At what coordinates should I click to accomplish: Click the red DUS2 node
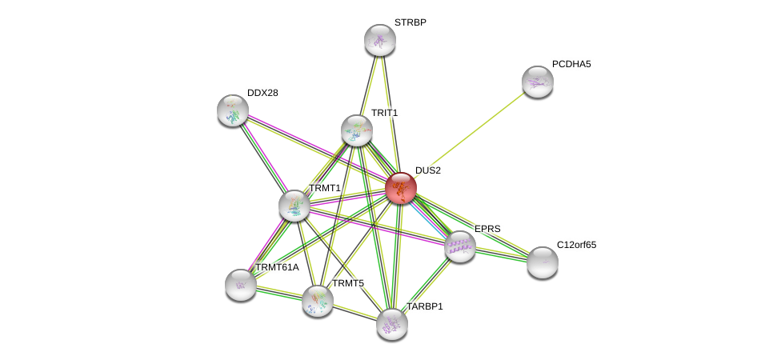tap(400, 188)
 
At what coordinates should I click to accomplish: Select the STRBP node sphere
tap(380, 40)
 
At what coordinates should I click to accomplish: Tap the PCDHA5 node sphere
tap(538, 82)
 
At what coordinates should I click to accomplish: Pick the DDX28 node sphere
tap(233, 110)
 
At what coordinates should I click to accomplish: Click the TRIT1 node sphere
tap(357, 130)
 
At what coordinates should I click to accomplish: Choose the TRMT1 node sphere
tap(294, 206)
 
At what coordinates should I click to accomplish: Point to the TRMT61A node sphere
tap(241, 286)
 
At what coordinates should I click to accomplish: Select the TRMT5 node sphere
tap(318, 302)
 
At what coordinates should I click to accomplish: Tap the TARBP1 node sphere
tap(392, 325)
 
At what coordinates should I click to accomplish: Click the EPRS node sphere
tap(460, 247)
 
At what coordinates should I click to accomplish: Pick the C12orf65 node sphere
tap(543, 262)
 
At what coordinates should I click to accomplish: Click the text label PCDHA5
tap(571, 64)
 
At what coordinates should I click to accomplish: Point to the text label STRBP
tap(411, 22)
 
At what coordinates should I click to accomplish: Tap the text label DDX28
tap(262, 93)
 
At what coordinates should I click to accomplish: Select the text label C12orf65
tap(576, 245)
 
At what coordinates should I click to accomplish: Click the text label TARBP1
tap(425, 306)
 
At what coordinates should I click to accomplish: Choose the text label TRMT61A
tap(277, 267)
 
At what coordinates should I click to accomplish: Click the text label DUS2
tap(428, 170)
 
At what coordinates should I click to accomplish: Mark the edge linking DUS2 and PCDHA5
tap(469, 135)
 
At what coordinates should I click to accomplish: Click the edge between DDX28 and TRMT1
tap(263, 158)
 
